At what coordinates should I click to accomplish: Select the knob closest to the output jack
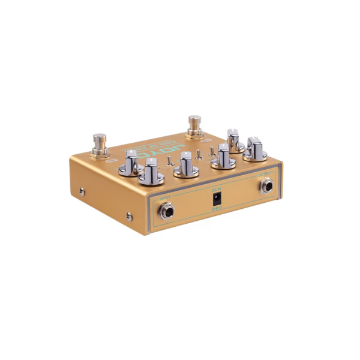pos(256,149)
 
